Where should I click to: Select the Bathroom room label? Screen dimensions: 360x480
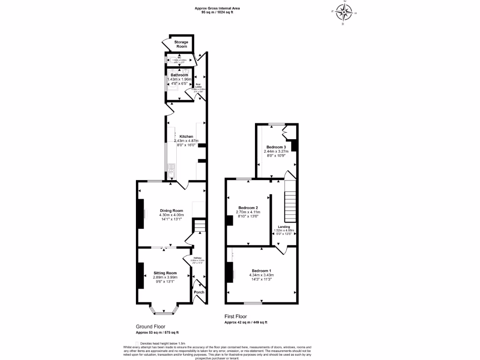(179, 75)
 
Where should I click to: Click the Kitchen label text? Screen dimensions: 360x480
(186, 136)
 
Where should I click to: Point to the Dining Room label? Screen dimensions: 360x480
(171, 210)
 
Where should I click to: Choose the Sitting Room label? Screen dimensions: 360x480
(165, 273)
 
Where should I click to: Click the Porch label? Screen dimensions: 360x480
(199, 291)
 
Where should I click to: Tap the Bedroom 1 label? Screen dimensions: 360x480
(261, 271)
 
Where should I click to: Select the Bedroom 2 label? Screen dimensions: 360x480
(248, 208)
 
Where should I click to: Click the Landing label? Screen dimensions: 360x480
(283, 226)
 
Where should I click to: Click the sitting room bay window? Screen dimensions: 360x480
(164, 309)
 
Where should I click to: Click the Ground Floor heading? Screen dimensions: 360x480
(150, 326)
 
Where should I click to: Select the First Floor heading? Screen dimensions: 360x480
(236, 316)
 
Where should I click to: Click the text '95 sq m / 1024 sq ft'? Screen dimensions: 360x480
(217, 12)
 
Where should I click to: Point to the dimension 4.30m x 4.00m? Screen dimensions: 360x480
(171, 215)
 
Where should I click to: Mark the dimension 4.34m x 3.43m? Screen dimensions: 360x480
(261, 275)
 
